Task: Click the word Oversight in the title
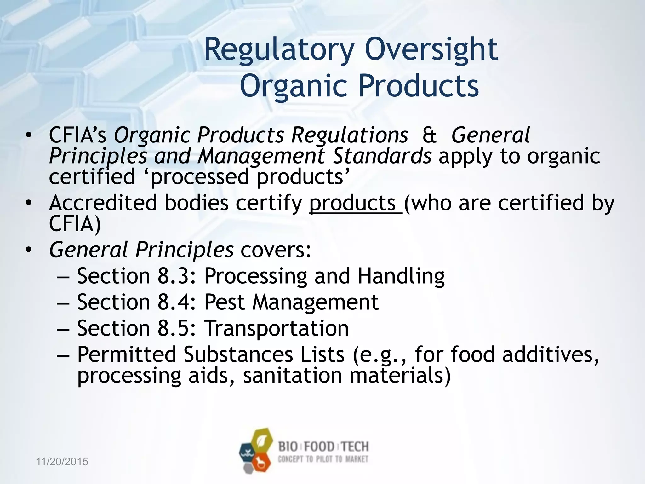click(x=431, y=50)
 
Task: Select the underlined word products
click(x=352, y=203)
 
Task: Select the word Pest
click(x=225, y=302)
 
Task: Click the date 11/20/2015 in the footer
click(x=62, y=462)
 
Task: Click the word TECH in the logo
click(x=355, y=447)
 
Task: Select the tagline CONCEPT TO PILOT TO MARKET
click(x=323, y=459)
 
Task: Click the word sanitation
click(x=292, y=376)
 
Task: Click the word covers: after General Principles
click(x=276, y=250)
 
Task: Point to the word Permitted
click(x=127, y=354)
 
